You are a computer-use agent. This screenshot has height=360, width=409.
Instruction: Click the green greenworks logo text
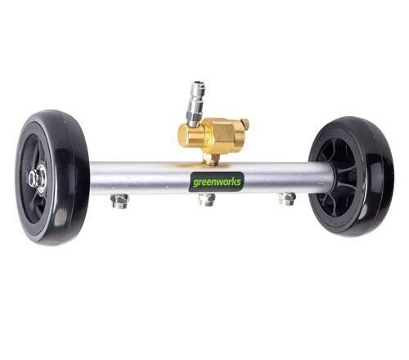click(217, 182)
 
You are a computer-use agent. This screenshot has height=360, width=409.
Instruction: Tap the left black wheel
click(52, 178)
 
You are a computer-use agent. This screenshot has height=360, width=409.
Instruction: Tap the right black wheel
click(351, 176)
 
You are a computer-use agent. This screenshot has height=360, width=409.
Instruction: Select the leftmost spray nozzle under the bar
click(119, 200)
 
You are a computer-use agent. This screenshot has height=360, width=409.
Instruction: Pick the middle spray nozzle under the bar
click(207, 200)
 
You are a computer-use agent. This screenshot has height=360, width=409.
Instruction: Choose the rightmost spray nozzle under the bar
click(287, 199)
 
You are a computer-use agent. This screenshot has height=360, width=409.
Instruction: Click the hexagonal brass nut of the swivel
click(223, 133)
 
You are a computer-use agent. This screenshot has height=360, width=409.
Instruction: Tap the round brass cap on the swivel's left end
click(188, 137)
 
